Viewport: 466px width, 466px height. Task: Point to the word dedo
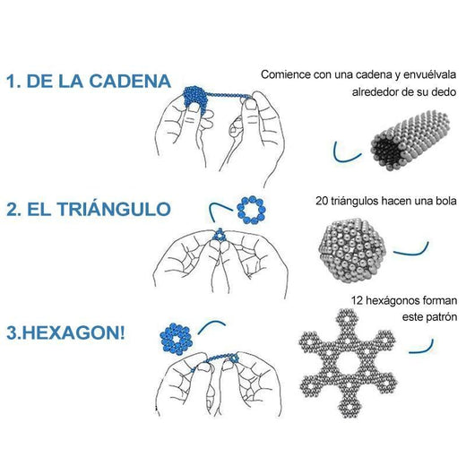click(444, 91)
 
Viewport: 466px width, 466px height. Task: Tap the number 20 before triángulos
click(322, 201)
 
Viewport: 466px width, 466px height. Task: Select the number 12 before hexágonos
click(357, 300)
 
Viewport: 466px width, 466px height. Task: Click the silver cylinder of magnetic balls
click(410, 140)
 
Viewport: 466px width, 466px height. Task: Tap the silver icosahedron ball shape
click(353, 250)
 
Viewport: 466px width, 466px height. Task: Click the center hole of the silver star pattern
click(348, 364)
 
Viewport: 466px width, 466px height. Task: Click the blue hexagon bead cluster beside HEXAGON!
click(176, 339)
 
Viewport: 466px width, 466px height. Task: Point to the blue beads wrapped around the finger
click(194, 99)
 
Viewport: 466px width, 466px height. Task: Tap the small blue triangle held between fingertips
click(220, 235)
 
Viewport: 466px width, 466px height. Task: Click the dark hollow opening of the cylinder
click(386, 149)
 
